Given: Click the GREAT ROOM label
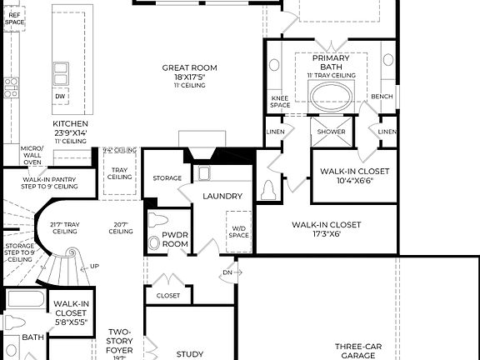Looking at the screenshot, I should coord(189,67).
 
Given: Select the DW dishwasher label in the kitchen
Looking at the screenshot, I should coord(60,97).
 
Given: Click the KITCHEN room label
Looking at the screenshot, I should coord(70,122).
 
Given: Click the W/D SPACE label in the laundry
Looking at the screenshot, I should coord(239,232).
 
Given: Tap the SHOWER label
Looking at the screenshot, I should coord(331,132).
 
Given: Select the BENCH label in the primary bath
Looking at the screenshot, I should coord(382,97).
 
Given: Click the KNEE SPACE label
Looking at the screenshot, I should coord(279,101).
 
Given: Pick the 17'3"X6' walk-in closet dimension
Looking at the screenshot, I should coord(326,234).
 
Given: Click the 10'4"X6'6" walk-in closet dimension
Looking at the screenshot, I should coord(354,181).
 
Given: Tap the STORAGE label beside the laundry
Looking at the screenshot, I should coord(167,178).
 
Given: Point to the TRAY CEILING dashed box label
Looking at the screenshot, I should coord(119,173).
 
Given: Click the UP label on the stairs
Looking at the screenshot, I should coord(93,266).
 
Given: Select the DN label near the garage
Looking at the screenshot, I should coord(227,272).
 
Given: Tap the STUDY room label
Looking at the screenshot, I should coord(190,353).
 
